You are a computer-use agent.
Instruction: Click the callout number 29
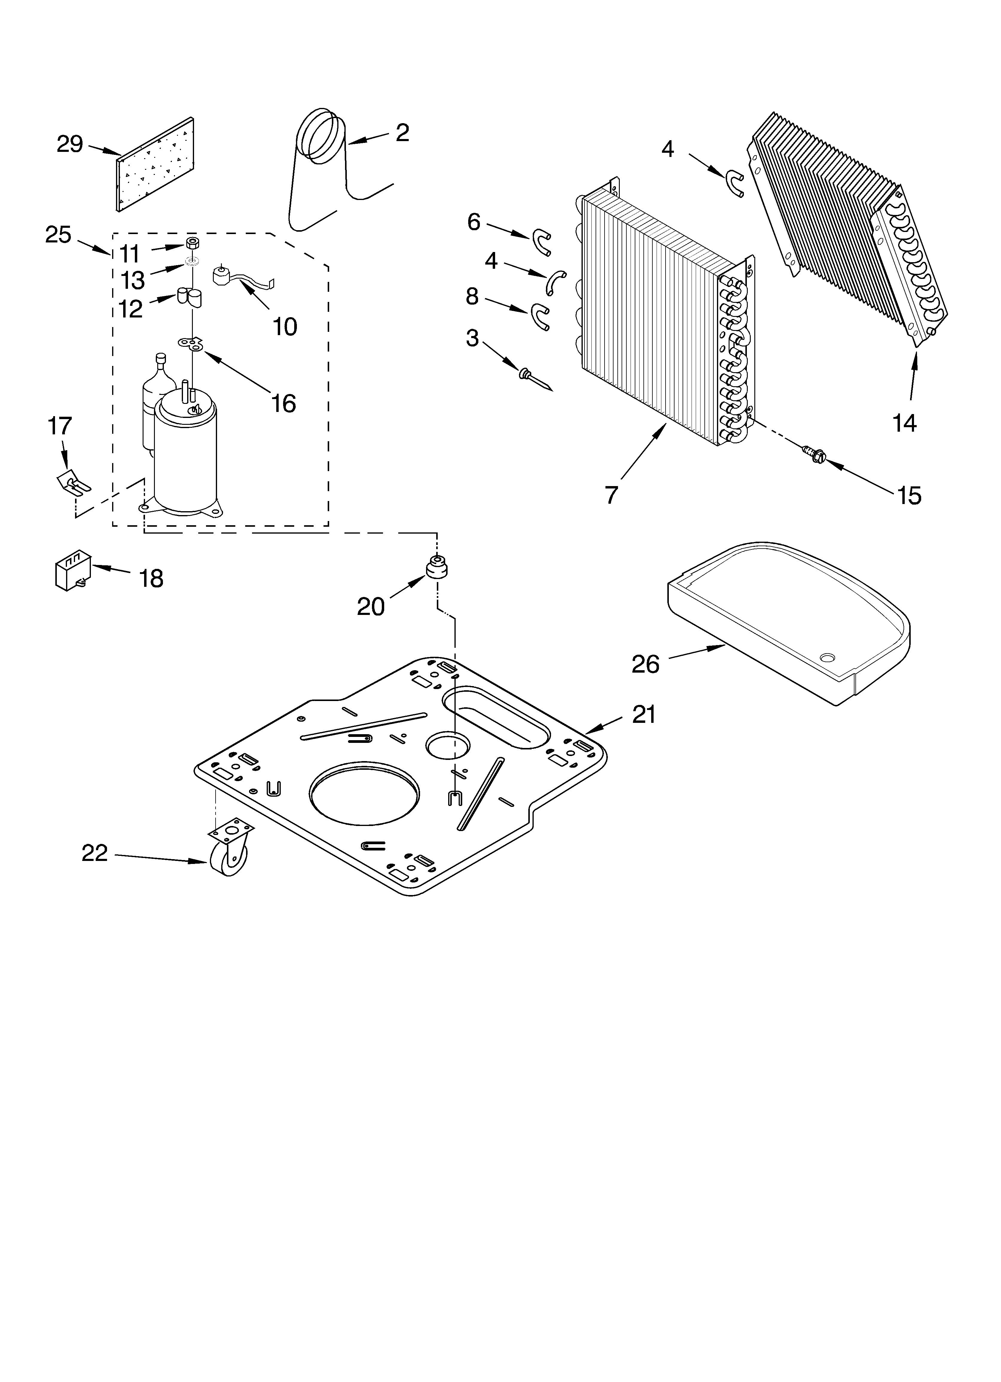coord(69,144)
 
